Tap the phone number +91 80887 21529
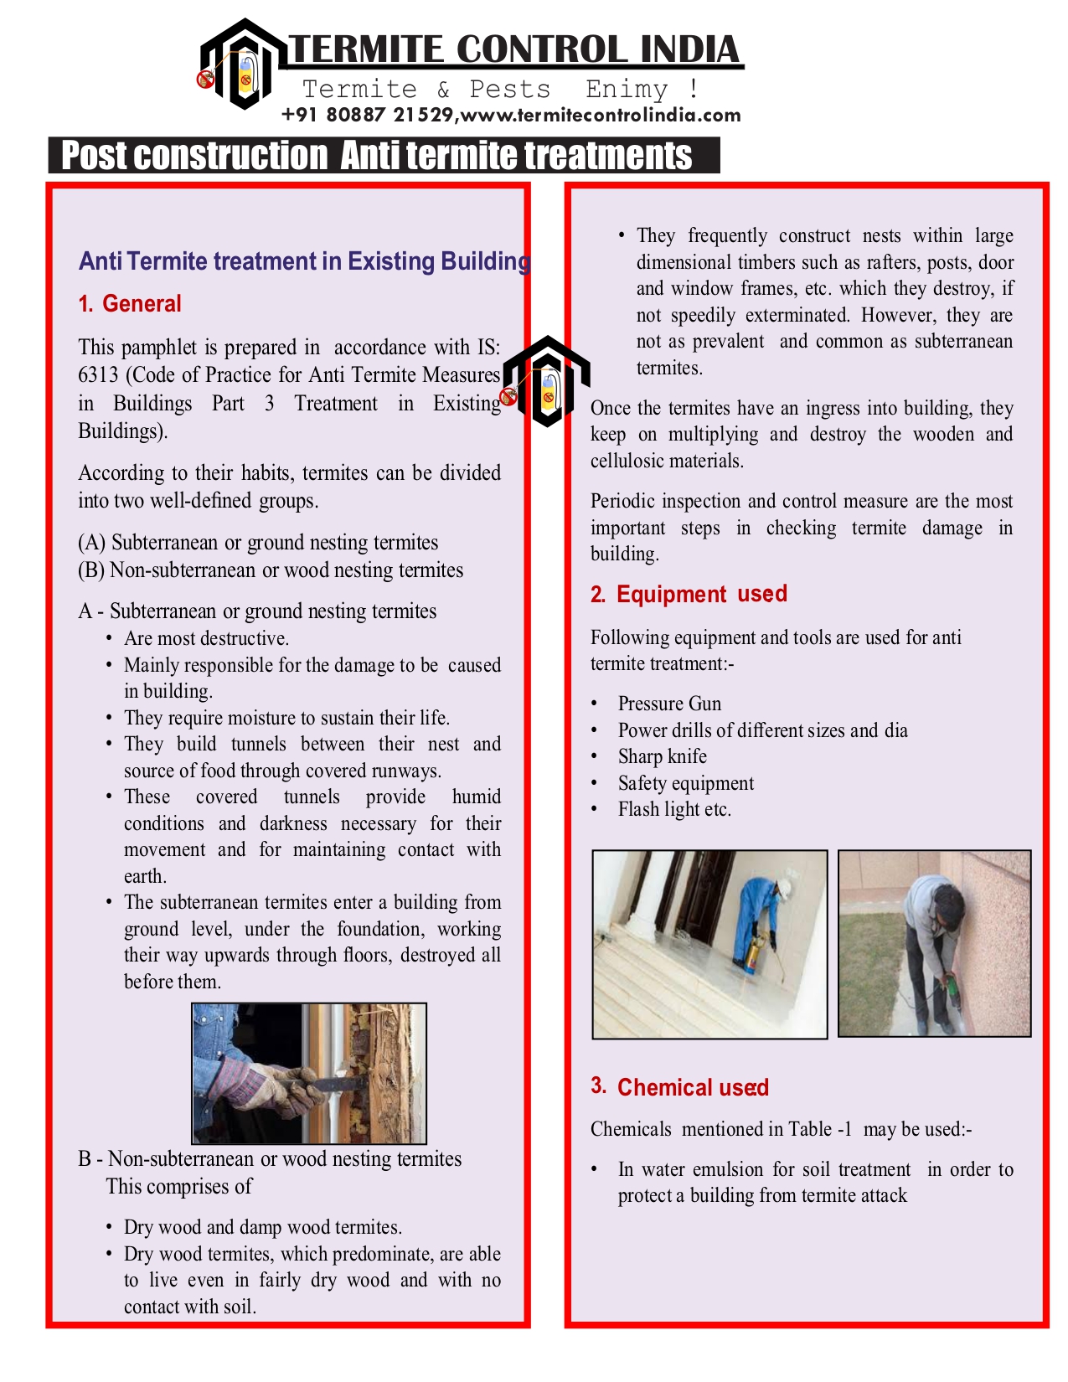click(x=368, y=116)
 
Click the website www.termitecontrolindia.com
click(x=601, y=116)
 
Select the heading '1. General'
click(x=130, y=304)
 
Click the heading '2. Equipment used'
click(x=689, y=595)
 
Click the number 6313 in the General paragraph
click(x=99, y=375)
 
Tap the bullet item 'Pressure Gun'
click(x=669, y=704)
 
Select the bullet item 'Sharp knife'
click(x=662, y=756)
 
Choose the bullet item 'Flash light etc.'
click(x=674, y=809)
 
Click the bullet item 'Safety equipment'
click(x=685, y=783)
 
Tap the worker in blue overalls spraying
click(x=758, y=917)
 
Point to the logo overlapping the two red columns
click(x=545, y=382)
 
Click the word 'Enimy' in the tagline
click(x=627, y=89)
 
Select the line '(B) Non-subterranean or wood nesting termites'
click(x=271, y=570)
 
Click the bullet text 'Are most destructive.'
click(x=206, y=638)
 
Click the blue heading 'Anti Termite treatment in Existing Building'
click(x=304, y=261)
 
